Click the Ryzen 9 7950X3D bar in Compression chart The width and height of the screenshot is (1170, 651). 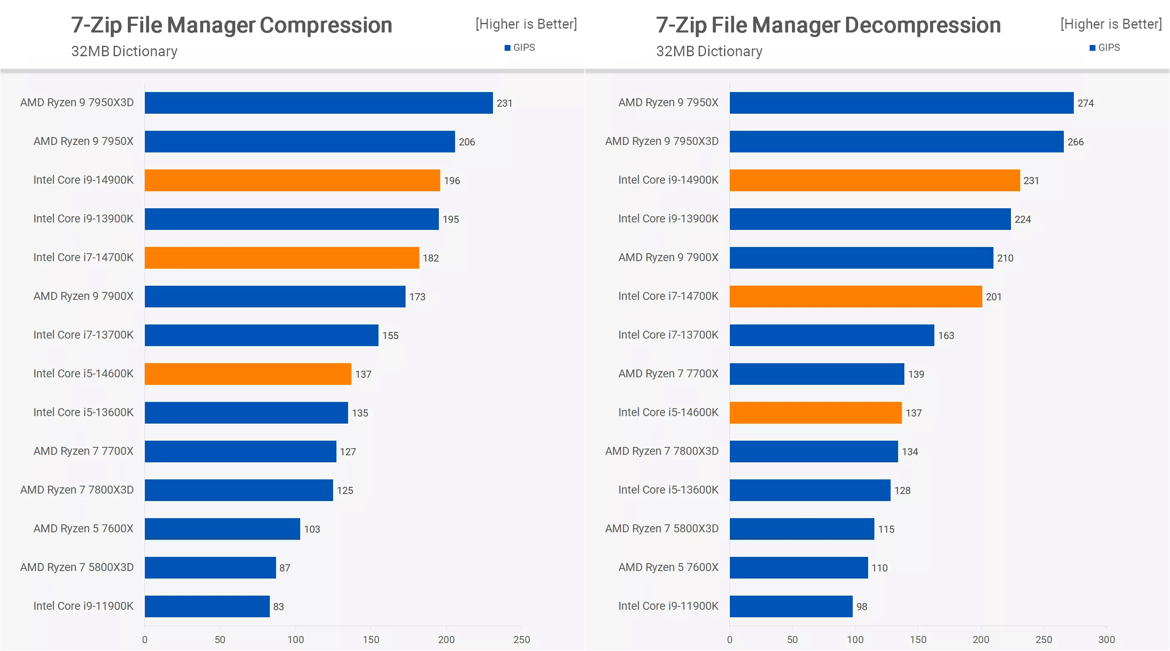(x=318, y=103)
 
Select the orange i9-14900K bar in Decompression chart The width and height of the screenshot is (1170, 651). (x=874, y=180)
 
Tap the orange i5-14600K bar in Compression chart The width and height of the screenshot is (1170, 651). (x=248, y=374)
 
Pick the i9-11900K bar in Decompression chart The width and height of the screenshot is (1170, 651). (x=791, y=606)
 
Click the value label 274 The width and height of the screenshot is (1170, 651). (x=1085, y=103)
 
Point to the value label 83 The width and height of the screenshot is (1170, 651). (x=278, y=606)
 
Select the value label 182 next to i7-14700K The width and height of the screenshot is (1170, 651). (x=430, y=258)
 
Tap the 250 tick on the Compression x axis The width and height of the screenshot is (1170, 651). (x=521, y=639)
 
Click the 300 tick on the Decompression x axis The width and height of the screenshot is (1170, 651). (x=1106, y=639)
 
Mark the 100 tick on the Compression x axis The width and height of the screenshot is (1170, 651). (x=295, y=639)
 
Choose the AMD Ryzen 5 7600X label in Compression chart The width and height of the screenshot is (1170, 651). (x=83, y=529)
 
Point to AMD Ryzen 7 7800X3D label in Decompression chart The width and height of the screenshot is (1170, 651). (x=661, y=451)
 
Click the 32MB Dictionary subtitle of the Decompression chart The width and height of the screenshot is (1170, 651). (x=709, y=51)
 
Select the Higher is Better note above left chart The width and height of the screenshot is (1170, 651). (x=525, y=24)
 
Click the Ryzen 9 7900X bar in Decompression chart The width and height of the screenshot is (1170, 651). (x=861, y=257)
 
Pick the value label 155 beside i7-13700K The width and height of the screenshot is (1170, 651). (x=390, y=336)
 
